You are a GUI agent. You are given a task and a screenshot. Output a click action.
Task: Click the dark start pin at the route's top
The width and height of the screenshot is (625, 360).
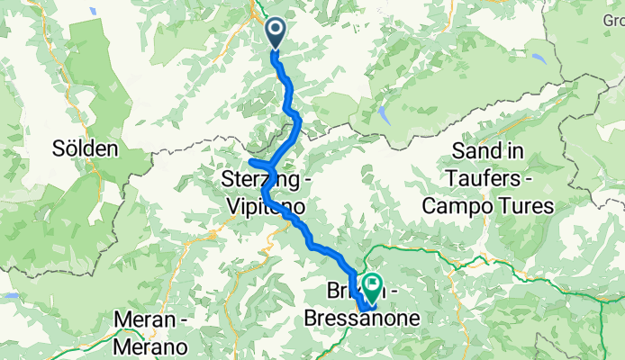coord(275,33)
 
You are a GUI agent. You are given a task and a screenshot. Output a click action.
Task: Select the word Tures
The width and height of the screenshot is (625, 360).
coord(527,206)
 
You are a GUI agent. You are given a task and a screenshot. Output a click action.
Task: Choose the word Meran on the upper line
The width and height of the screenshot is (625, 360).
coord(144,319)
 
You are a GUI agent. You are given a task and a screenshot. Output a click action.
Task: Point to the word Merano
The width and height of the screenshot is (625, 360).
coord(151,346)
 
